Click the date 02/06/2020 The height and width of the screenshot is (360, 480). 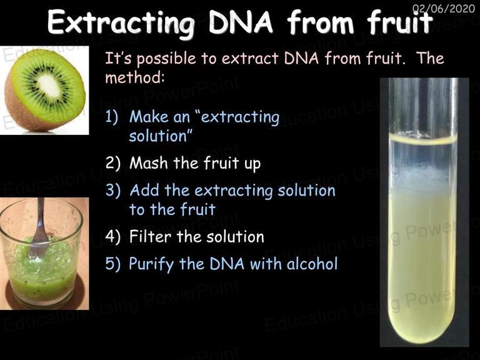pyautogui.click(x=443, y=8)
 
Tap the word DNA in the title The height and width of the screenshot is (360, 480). pyautogui.click(x=240, y=22)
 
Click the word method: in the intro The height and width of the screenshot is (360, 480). pyautogui.click(x=135, y=77)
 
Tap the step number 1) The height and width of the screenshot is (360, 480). pyautogui.click(x=111, y=117)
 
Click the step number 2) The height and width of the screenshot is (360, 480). pyautogui.click(x=112, y=163)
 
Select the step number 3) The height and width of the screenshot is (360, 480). pyautogui.click(x=112, y=190)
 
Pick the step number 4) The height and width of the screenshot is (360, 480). pyautogui.click(x=112, y=237)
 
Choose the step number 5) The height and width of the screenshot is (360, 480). pyautogui.click(x=112, y=264)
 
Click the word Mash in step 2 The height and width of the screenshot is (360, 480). pyautogui.click(x=149, y=162)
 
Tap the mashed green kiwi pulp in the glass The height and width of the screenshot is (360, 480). pyautogui.click(x=43, y=269)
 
